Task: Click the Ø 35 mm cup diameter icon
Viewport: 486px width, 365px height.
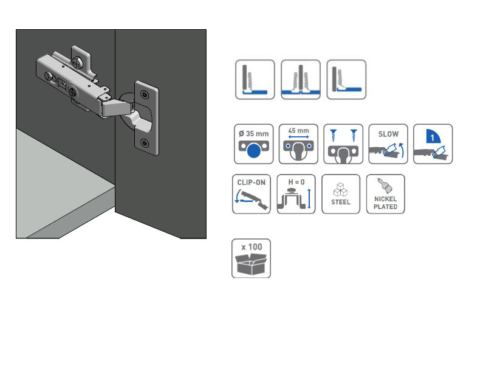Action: coord(253,144)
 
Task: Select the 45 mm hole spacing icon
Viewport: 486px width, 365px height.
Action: coord(298,144)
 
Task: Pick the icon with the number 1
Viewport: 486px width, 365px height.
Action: coord(433,144)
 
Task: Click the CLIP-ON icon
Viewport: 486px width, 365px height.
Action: coord(252,194)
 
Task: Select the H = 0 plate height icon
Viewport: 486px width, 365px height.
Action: coord(296,194)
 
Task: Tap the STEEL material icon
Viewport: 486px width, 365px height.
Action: coord(341,194)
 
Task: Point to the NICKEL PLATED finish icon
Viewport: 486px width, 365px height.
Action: coord(386,194)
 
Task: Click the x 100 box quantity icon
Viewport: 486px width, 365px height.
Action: coord(251,258)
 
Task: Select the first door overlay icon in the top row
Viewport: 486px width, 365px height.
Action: coord(255,79)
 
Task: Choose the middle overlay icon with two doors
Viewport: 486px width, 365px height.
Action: coord(301,79)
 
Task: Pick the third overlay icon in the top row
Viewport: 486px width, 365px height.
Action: coord(346,79)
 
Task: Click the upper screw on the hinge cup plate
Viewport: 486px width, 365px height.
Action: coord(144,94)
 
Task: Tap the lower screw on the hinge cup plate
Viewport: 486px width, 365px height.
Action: coord(145,143)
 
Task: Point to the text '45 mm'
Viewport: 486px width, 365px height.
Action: coord(298,131)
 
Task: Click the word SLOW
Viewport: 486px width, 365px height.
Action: coord(388,133)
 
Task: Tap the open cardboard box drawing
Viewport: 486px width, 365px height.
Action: coord(251,265)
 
